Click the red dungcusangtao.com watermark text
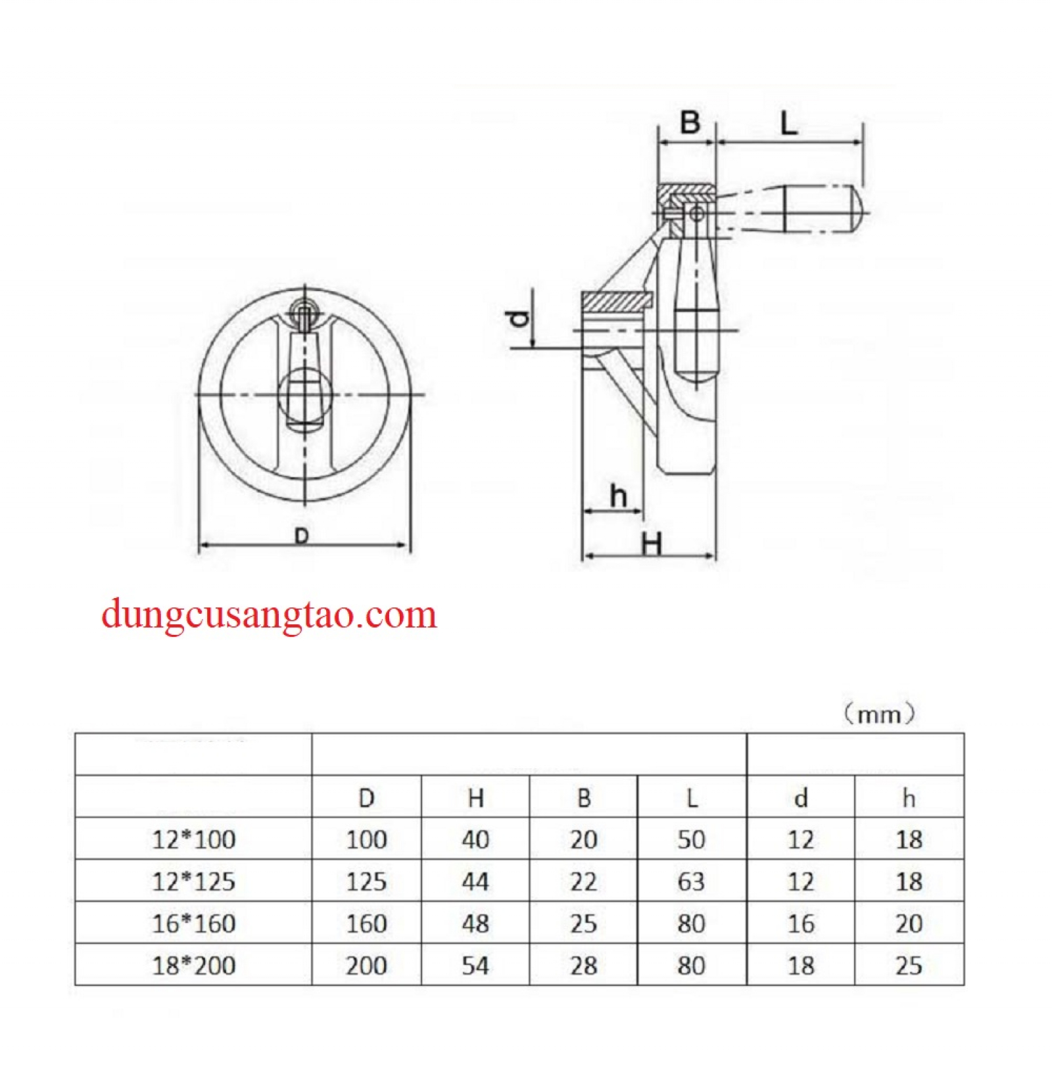[x=269, y=615]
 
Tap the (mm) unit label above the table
[x=879, y=713]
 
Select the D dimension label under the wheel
[x=302, y=536]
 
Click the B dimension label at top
[x=690, y=122]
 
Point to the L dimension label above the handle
[x=788, y=123]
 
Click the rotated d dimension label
[x=520, y=317]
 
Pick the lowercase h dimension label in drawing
[x=618, y=496]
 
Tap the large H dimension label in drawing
[x=651, y=544]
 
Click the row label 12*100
[x=193, y=839]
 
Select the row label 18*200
[x=193, y=965]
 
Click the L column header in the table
[x=691, y=798]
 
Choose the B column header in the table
[x=583, y=798]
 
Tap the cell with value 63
[x=691, y=881]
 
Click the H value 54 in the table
[x=475, y=965]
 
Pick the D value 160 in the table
[x=366, y=923]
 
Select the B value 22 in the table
[x=583, y=881]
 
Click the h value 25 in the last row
[x=909, y=965]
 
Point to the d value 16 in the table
[x=800, y=923]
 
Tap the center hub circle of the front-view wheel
[x=304, y=394]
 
